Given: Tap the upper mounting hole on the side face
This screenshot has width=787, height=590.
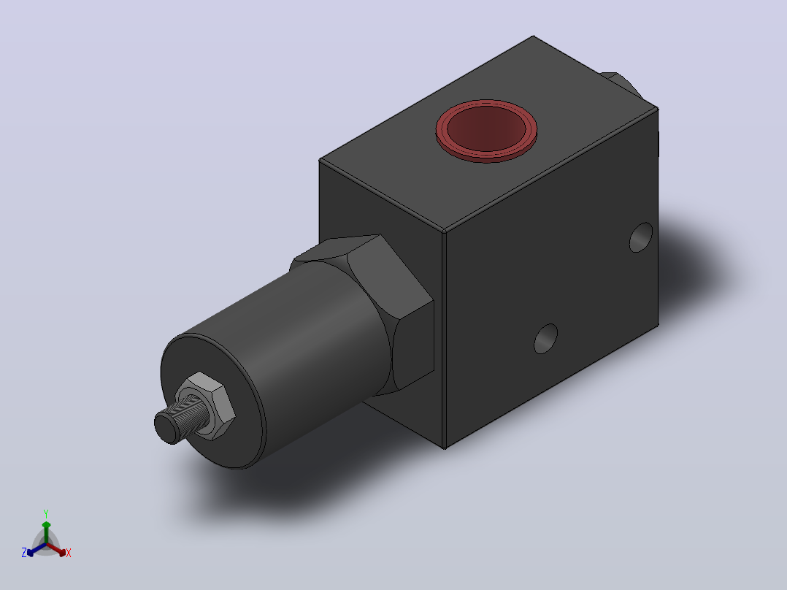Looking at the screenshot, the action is click(x=641, y=237).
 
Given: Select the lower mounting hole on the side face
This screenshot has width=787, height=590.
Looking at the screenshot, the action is click(x=545, y=338).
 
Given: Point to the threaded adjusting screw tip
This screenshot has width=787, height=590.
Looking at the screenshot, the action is click(x=167, y=427).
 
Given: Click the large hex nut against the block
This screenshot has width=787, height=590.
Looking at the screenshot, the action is click(x=372, y=306).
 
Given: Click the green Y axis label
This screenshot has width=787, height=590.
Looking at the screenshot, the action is click(x=46, y=513).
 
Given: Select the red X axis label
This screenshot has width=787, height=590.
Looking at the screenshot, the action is click(x=69, y=553).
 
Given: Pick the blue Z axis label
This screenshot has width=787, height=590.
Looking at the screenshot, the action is click(x=23, y=553).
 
